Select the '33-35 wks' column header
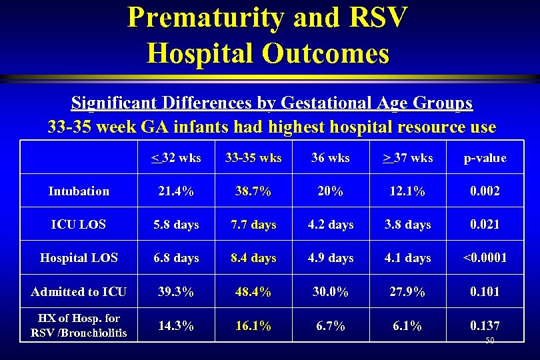click(253, 158)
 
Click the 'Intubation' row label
click(79, 191)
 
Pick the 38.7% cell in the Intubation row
click(253, 191)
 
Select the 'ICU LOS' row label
click(79, 225)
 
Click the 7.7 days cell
click(253, 225)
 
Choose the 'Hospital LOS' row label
click(79, 258)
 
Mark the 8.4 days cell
click(253, 258)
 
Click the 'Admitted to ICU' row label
click(79, 291)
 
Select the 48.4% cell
click(253, 291)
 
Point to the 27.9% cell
click(408, 291)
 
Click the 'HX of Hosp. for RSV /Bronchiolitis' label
click(79, 326)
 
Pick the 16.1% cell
click(253, 326)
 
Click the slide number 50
click(490, 341)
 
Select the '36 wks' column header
click(331, 158)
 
